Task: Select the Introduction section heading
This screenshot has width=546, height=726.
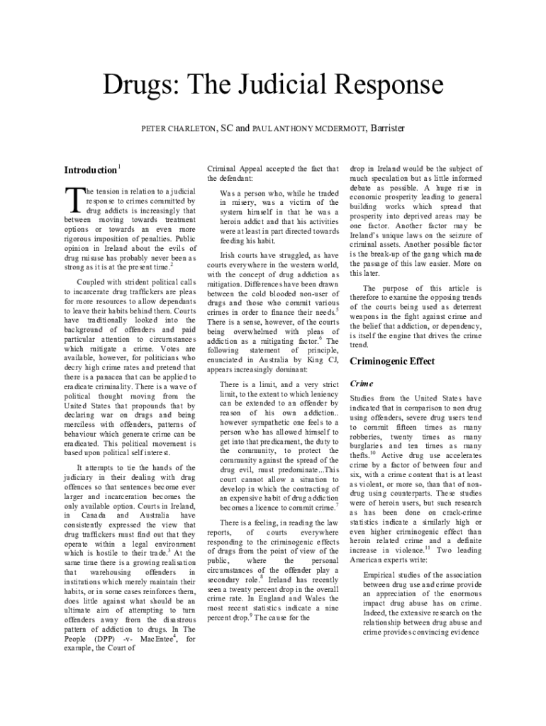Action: (90, 170)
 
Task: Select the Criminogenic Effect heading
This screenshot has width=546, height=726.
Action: (392, 362)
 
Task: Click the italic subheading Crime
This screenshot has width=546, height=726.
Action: (362, 384)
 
